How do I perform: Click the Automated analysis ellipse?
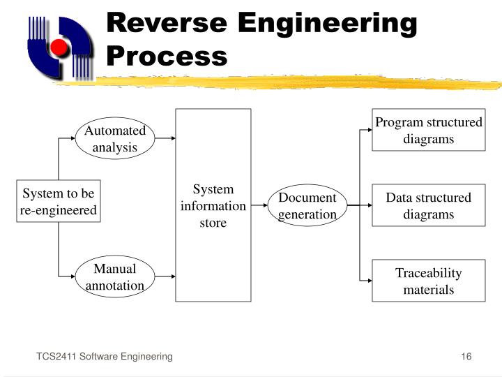tap(115, 139)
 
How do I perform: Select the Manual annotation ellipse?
tap(115, 277)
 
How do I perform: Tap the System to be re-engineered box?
tap(59, 202)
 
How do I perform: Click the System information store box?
tap(213, 205)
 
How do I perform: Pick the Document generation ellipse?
tap(307, 206)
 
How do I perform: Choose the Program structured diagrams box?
tap(428, 130)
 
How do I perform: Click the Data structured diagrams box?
tap(428, 206)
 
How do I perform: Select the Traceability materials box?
tap(428, 281)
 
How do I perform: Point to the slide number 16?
tap(466, 357)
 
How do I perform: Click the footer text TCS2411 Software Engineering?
tap(105, 357)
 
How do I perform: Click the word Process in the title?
tap(167, 55)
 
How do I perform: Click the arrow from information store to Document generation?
tap(259, 206)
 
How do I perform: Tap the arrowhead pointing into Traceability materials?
tap(368, 281)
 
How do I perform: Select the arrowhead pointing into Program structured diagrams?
tap(368, 130)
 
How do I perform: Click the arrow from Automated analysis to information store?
tap(165, 138)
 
